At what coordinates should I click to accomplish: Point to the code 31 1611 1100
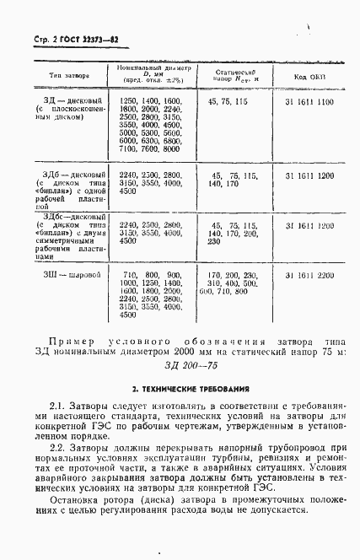[x=309, y=101]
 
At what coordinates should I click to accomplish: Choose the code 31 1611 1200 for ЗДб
[x=309, y=175]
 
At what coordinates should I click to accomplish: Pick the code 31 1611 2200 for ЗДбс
[x=309, y=226]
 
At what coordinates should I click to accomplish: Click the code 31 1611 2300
[x=309, y=276]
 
